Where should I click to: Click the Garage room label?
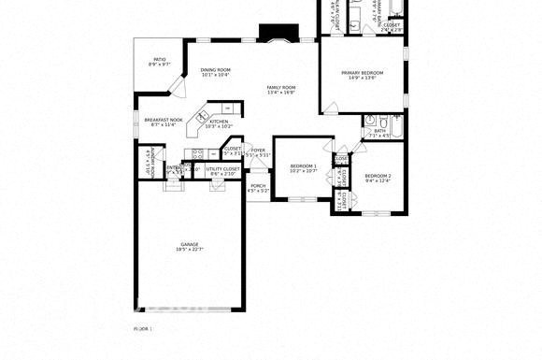[190, 245]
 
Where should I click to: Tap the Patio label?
[160, 60]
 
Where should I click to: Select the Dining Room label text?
[216, 70]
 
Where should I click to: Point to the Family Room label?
[281, 87]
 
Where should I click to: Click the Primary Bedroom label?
[363, 73]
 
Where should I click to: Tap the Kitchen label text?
[220, 122]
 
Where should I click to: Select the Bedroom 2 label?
[378, 176]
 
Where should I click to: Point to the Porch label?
[258, 185]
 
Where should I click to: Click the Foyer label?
[259, 150]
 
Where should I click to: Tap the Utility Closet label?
[224, 169]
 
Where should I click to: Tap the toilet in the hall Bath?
[370, 120]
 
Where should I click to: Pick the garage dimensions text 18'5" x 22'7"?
[190, 251]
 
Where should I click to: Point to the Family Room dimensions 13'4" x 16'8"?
[281, 93]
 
